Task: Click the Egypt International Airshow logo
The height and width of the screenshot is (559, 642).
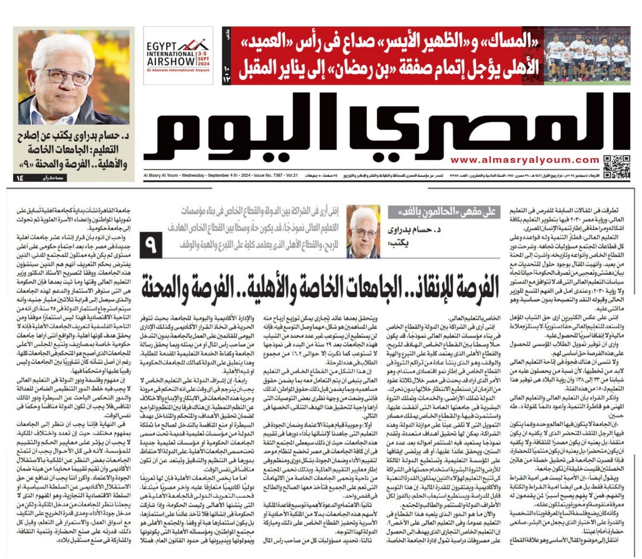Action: click(178, 56)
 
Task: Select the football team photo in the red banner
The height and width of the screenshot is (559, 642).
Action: click(587, 55)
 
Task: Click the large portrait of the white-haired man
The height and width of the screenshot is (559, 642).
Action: click(74, 78)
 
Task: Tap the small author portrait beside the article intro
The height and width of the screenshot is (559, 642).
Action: click(363, 231)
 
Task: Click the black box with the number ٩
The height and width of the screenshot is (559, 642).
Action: click(151, 245)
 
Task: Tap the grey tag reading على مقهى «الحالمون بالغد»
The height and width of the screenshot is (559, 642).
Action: click(444, 212)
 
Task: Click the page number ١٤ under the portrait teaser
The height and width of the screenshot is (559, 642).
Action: click(20, 178)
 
